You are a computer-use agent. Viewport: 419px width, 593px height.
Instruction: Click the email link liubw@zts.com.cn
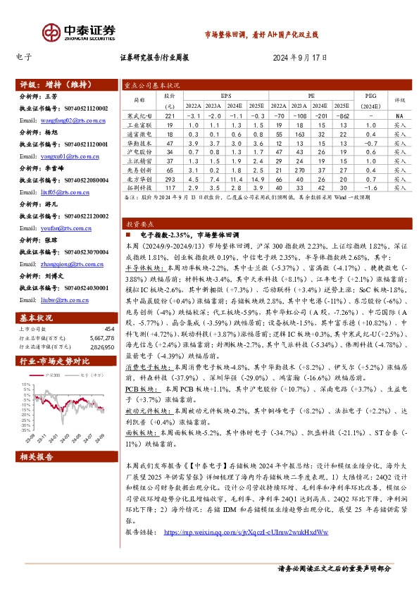click(49, 299)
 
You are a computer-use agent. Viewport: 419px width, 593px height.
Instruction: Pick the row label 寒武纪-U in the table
click(139, 116)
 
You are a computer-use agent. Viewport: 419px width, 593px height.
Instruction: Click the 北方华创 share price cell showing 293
click(169, 180)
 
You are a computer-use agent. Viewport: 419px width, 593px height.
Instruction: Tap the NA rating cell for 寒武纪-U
click(399, 116)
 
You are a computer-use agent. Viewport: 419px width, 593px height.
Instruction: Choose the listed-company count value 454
click(109, 329)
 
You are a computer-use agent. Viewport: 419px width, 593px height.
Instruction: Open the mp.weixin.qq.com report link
click(246, 532)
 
